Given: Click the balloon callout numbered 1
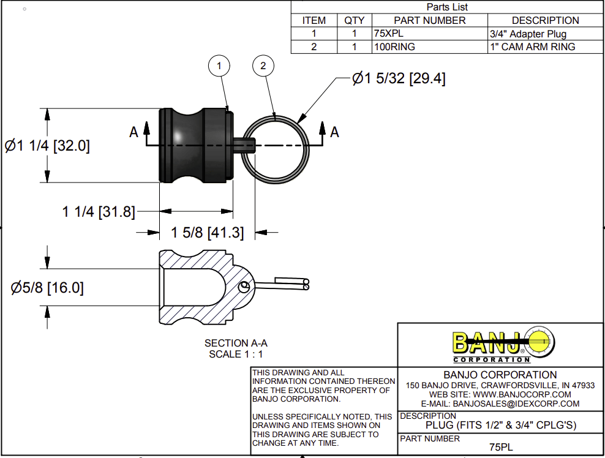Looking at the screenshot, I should [x=219, y=66].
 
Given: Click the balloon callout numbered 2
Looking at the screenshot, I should [x=263, y=66].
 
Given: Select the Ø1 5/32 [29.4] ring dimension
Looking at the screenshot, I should [x=399, y=79].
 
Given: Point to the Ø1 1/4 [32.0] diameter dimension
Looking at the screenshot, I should [x=47, y=146].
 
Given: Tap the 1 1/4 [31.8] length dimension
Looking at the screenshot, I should [x=99, y=212].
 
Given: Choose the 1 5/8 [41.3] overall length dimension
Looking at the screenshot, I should [x=208, y=233].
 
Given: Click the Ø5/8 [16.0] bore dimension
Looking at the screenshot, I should [x=47, y=288].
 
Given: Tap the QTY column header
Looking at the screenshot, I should [x=354, y=20].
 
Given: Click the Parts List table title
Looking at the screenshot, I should [x=446, y=7].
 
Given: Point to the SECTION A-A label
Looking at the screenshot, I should [x=236, y=343].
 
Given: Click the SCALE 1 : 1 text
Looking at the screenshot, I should [x=236, y=353].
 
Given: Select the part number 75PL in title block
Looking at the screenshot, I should [x=501, y=448].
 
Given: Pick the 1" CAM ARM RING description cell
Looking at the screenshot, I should [x=533, y=47].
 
